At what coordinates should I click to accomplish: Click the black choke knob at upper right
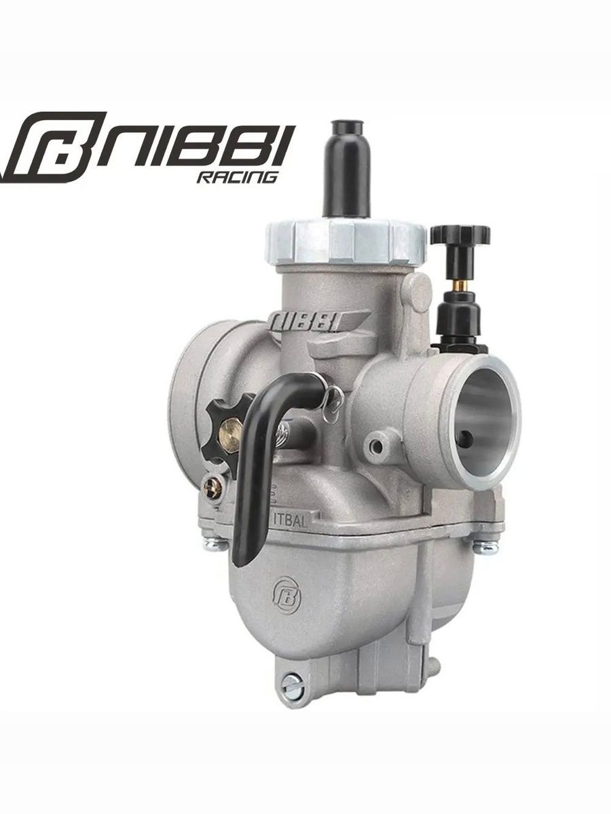click(460, 235)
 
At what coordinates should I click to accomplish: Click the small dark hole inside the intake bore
click(464, 436)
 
